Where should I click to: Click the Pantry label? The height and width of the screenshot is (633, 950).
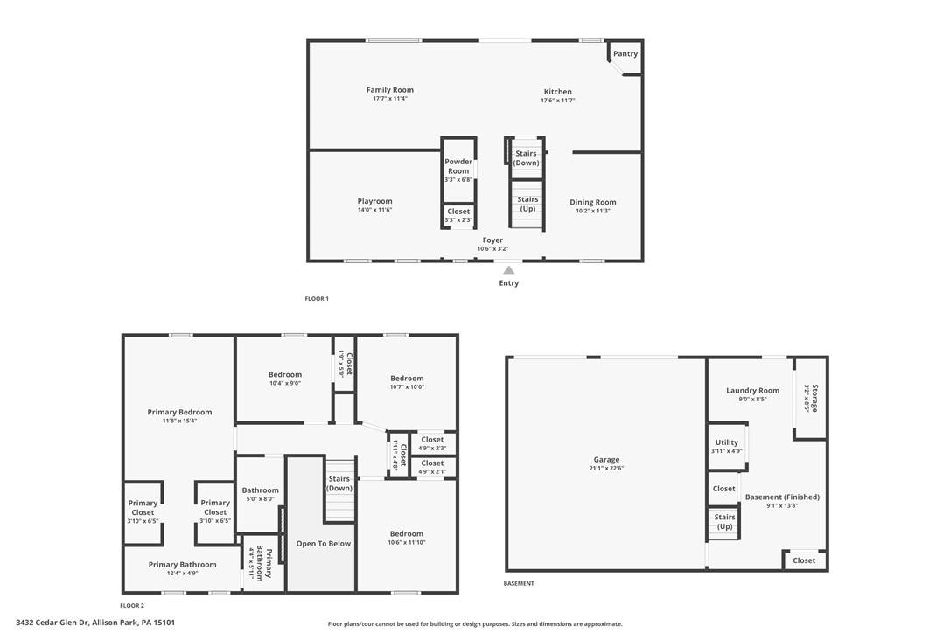click(x=625, y=53)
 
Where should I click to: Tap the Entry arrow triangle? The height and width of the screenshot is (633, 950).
click(x=509, y=270)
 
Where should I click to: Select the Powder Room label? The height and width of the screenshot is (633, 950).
click(x=458, y=166)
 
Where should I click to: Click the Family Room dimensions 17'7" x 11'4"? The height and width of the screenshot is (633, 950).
click(x=390, y=98)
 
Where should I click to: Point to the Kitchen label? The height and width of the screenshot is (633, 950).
click(x=557, y=92)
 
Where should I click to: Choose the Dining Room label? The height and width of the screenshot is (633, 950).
click(x=593, y=202)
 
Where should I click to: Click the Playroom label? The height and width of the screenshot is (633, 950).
click(x=375, y=201)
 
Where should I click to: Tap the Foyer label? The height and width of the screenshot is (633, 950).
click(x=492, y=240)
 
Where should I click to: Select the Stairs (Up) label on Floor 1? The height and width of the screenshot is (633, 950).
click(x=527, y=204)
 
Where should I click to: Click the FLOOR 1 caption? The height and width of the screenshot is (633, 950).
click(x=317, y=299)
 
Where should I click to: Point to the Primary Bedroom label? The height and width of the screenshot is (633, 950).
click(x=180, y=412)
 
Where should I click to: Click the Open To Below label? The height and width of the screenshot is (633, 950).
click(x=324, y=543)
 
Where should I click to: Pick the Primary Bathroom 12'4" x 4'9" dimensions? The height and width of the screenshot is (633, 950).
click(x=182, y=573)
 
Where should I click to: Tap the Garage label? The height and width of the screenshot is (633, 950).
click(x=606, y=460)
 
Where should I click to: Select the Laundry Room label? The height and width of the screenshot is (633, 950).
click(x=753, y=391)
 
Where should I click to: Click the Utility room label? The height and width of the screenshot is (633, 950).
click(x=727, y=442)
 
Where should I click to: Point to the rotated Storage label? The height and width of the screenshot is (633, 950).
click(x=815, y=398)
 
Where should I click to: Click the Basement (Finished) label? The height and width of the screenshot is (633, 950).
click(x=782, y=497)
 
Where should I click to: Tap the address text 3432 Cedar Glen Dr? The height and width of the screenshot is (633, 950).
click(x=52, y=623)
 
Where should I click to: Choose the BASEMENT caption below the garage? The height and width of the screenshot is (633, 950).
click(x=520, y=583)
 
